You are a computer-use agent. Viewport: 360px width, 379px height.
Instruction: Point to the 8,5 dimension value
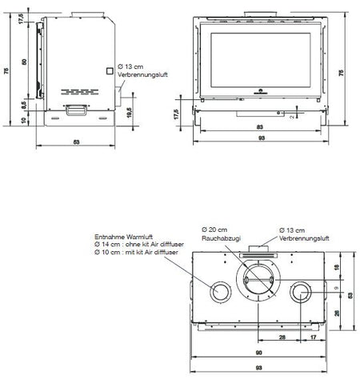24,103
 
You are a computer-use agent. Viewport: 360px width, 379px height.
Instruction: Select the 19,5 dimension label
130,114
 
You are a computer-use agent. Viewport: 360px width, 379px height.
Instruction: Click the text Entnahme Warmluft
121,236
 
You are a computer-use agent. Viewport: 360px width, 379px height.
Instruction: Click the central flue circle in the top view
259,281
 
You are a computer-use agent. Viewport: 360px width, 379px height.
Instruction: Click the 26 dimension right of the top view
339,313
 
